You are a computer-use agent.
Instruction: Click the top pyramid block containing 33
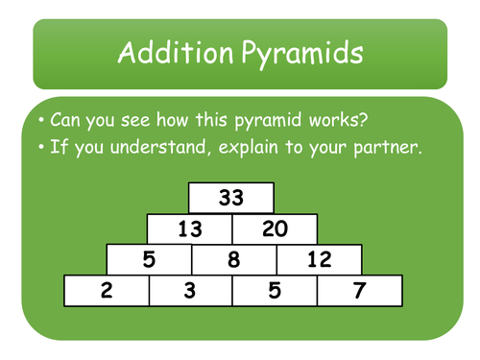point(231,199)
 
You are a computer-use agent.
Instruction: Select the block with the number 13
point(189,228)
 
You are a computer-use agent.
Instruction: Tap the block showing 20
point(274,228)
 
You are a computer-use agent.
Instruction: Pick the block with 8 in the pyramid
point(234,259)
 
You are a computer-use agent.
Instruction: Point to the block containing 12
point(319,259)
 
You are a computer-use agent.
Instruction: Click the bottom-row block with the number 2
point(106,291)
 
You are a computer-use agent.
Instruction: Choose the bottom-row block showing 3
point(190,291)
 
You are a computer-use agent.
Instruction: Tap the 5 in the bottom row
point(275,291)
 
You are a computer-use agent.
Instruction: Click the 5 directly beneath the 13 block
point(149,259)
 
